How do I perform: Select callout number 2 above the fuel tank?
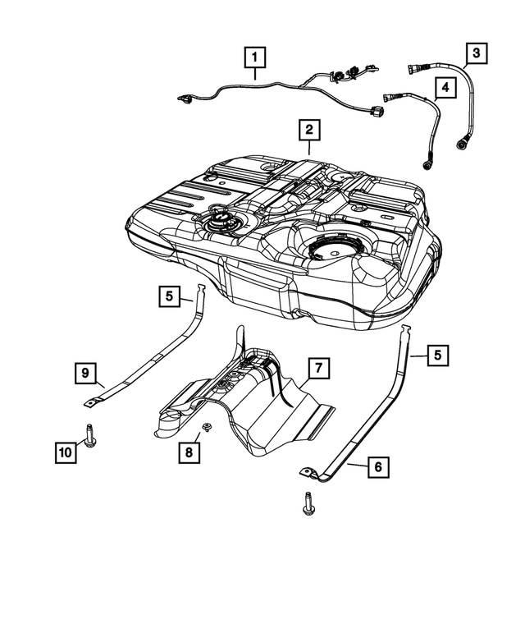pyautogui.click(x=308, y=130)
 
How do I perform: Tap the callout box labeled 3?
pyautogui.click(x=475, y=54)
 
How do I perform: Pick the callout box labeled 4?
pyautogui.click(x=444, y=86)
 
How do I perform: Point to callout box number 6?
pyautogui.click(x=377, y=467)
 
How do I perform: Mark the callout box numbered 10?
pyautogui.click(x=65, y=451)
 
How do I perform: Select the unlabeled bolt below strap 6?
pyautogui.click(x=309, y=503)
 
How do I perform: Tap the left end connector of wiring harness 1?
pyautogui.click(x=186, y=99)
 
